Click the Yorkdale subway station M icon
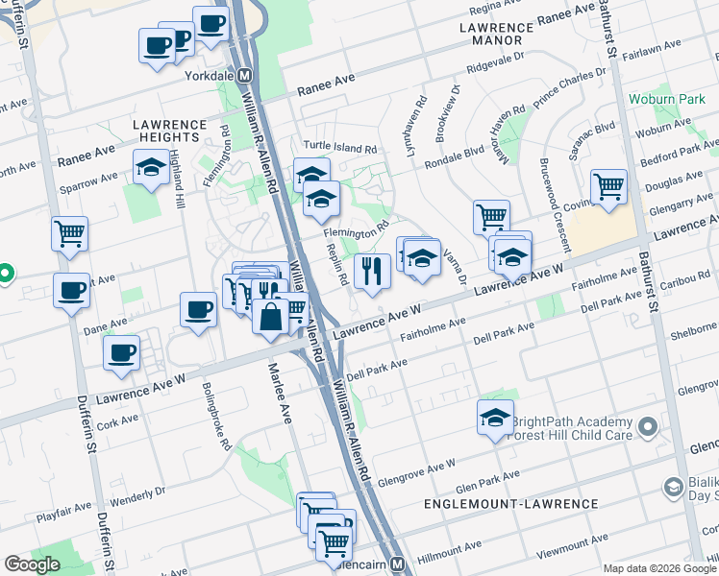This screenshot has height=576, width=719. (245, 76)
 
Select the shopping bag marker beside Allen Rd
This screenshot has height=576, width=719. (270, 316)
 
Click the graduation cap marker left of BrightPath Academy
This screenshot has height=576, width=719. (495, 418)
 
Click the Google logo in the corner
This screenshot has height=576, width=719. (31, 564)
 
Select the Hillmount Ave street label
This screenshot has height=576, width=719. (450, 551)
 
